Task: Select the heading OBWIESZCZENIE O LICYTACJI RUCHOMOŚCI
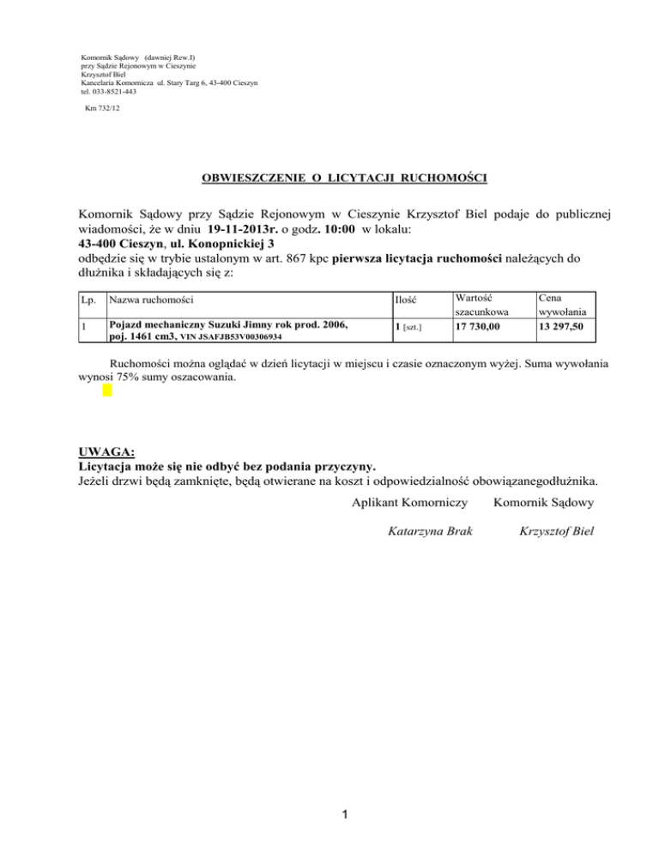pyautogui.click(x=344, y=178)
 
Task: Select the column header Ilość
pyautogui.click(x=406, y=299)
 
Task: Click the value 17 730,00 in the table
pyautogui.click(x=483, y=326)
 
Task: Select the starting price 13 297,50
pyautogui.click(x=564, y=326)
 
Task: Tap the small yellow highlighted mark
pyautogui.click(x=107, y=390)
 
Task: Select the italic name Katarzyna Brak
pyautogui.click(x=428, y=532)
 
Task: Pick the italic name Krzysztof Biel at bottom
pyautogui.click(x=556, y=532)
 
